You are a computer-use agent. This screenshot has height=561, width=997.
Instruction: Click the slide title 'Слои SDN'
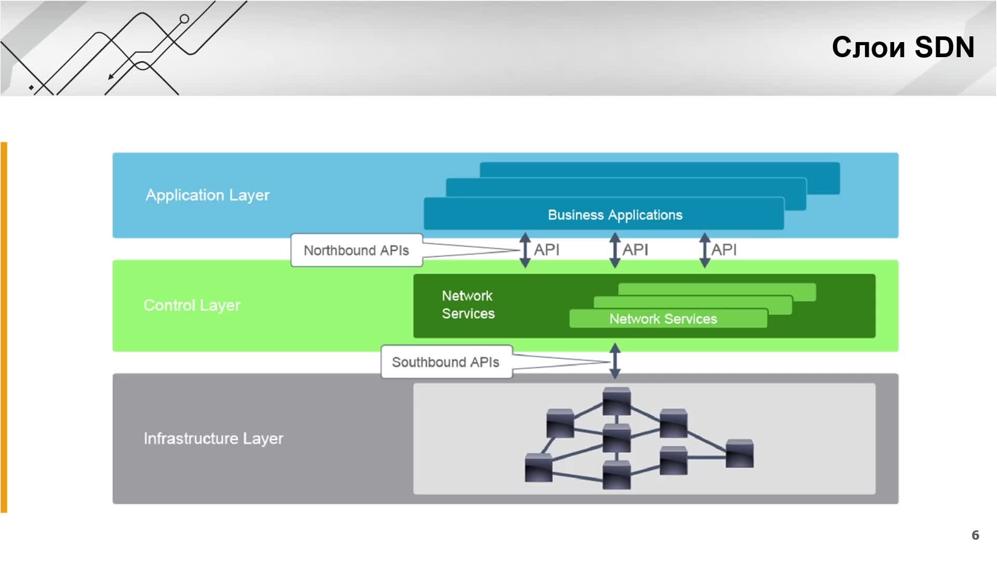903,47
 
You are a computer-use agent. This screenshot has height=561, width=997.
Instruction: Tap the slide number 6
975,535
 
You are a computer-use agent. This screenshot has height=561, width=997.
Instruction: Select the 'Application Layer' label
208,195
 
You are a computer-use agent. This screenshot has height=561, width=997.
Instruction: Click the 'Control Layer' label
192,305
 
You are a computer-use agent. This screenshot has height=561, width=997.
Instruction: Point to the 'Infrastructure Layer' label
213,438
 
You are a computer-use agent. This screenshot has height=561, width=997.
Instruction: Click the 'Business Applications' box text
615,215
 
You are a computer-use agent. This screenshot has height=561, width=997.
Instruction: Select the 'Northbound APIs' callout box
357,250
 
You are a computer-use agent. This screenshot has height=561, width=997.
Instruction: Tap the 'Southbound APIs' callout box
447,362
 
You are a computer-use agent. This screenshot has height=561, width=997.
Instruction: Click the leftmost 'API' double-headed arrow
525,250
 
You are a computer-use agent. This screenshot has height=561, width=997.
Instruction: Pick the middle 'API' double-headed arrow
615,250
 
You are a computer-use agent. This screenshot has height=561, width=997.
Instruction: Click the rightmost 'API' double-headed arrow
705,250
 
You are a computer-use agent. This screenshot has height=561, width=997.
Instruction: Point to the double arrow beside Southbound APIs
615,361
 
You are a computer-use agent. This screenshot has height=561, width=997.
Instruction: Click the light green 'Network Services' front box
668,318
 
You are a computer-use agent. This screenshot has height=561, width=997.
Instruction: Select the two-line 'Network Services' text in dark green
468,305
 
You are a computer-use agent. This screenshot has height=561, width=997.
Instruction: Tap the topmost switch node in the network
616,401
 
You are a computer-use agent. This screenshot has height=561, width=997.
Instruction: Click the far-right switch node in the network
739,453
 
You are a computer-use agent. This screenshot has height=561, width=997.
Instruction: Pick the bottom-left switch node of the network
538,468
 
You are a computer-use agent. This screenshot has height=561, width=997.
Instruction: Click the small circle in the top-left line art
184,19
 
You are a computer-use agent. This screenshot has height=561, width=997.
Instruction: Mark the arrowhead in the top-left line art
111,77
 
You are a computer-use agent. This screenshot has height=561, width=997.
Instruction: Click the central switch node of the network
616,438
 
